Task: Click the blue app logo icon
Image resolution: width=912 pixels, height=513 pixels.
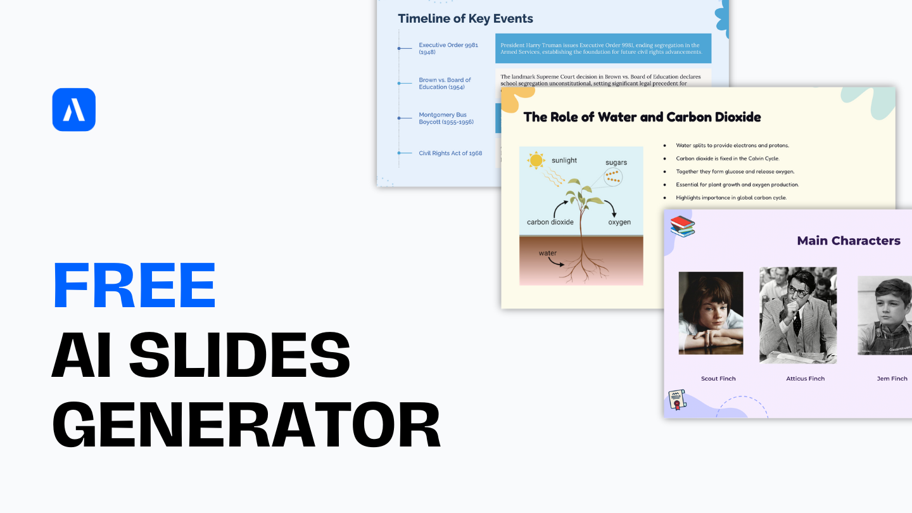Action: pyautogui.click(x=74, y=110)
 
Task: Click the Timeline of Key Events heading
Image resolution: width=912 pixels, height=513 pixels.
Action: pyautogui.click(x=465, y=18)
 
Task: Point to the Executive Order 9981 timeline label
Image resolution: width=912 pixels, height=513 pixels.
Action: pyautogui.click(x=448, y=48)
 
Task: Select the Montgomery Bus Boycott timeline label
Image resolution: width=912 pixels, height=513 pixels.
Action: pyautogui.click(x=446, y=118)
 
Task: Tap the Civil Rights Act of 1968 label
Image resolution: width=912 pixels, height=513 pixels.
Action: pyautogui.click(x=450, y=153)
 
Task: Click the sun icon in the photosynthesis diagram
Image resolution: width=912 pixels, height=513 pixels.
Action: pyautogui.click(x=536, y=160)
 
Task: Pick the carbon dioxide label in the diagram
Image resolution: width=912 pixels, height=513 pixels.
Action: pyautogui.click(x=550, y=222)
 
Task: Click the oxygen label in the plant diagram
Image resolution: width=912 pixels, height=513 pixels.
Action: pyautogui.click(x=619, y=222)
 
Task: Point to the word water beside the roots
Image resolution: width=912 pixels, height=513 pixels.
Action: pyautogui.click(x=548, y=253)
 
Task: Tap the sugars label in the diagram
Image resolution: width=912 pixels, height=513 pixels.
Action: pyautogui.click(x=616, y=163)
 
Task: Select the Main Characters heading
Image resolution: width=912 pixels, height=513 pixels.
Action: pyautogui.click(x=848, y=241)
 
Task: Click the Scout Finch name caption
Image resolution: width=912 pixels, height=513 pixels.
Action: pyautogui.click(x=718, y=379)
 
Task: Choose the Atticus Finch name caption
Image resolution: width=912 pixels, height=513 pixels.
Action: pyautogui.click(x=806, y=379)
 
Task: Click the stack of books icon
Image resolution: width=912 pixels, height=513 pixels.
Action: pyautogui.click(x=682, y=226)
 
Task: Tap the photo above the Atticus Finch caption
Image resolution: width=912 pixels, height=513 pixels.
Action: pyautogui.click(x=798, y=315)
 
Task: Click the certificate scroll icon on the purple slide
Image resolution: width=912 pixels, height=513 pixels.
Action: pyautogui.click(x=678, y=400)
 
